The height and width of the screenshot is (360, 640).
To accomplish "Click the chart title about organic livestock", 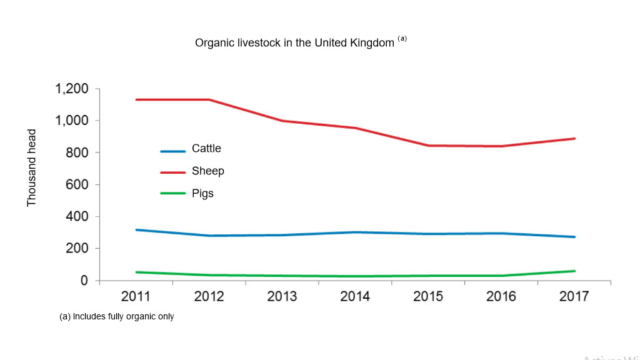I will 294,43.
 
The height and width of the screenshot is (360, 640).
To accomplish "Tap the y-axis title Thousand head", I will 32,167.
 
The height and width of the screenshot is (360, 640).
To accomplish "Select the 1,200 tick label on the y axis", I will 72,89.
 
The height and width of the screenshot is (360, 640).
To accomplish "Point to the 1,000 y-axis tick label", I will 72,121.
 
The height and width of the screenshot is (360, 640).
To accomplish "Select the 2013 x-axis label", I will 282,296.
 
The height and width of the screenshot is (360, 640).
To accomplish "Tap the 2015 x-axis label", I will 428,296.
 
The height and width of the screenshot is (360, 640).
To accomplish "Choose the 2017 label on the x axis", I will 574,296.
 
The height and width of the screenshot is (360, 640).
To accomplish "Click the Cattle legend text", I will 206,149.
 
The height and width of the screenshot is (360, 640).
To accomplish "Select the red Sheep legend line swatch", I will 173,172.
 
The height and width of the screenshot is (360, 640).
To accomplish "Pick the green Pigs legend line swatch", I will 173,194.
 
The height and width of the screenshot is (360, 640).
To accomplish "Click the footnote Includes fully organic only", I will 117,317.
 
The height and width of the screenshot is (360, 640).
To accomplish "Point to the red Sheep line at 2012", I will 209,99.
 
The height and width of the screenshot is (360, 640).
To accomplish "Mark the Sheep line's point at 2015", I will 428,146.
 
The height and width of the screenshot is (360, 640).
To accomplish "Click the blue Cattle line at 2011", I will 136,230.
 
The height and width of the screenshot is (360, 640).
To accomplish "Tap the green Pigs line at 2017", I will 574,271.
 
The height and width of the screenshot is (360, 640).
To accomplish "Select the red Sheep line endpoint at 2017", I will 574,139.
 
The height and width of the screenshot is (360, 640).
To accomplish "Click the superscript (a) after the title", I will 402,39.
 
